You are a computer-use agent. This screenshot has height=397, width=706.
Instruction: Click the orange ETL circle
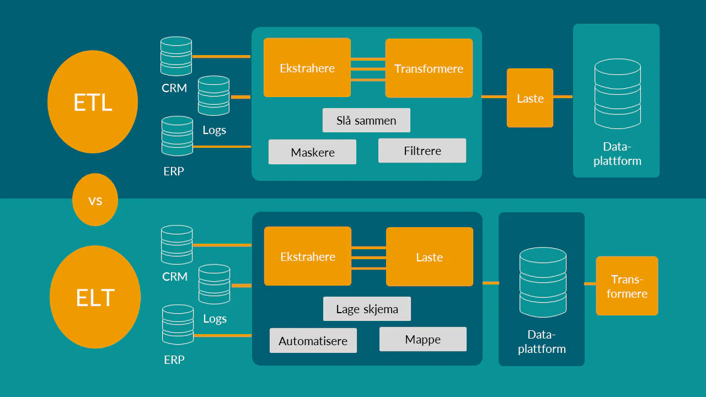click(93, 102)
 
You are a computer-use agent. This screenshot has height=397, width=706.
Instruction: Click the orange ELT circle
click(95, 297)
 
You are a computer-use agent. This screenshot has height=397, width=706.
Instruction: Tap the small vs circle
click(95, 200)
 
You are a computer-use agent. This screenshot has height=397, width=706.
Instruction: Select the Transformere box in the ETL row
click(429, 68)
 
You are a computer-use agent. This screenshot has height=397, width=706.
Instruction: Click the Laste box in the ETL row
click(530, 98)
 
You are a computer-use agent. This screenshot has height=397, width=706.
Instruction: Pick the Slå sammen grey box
click(366, 120)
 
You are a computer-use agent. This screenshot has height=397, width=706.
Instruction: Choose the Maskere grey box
click(312, 152)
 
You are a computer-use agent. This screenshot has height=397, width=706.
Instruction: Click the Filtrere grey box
click(422, 151)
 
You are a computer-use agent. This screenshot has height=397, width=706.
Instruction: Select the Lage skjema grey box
click(367, 309)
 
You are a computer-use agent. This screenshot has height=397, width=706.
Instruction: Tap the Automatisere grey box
click(313, 341)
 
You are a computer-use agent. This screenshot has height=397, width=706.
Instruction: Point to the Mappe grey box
click(422, 339)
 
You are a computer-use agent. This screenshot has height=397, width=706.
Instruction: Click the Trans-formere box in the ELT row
click(627, 286)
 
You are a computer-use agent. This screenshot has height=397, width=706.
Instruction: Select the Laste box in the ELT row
click(429, 257)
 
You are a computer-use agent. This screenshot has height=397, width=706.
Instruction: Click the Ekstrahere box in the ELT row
click(308, 256)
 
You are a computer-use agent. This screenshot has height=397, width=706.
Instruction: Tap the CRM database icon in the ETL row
click(176, 56)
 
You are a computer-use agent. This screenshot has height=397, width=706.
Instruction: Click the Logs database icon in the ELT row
click(214, 284)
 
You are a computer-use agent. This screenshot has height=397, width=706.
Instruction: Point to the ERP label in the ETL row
click(174, 171)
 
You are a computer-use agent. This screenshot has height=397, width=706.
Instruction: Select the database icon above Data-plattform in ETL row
click(617, 94)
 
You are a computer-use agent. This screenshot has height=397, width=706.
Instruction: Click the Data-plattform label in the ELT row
click(542, 342)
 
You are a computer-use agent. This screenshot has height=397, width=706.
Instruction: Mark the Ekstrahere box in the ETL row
click(307, 68)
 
